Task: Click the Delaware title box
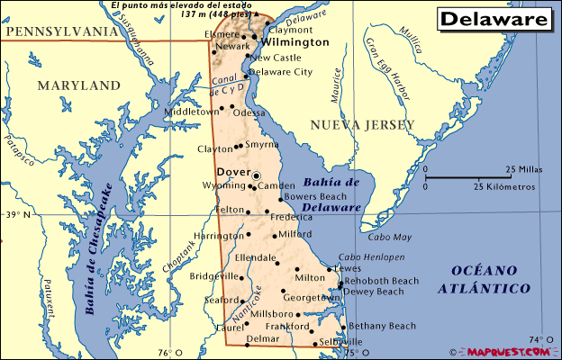(495, 18)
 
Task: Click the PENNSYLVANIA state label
(60, 31)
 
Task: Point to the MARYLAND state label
(78, 85)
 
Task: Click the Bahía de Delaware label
(331, 194)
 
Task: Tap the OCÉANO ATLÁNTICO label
(483, 279)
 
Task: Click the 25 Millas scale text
(522, 169)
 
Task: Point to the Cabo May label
(389, 238)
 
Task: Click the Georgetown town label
(308, 296)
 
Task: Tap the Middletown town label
(191, 112)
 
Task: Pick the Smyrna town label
(262, 144)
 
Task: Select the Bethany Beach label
(382, 326)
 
